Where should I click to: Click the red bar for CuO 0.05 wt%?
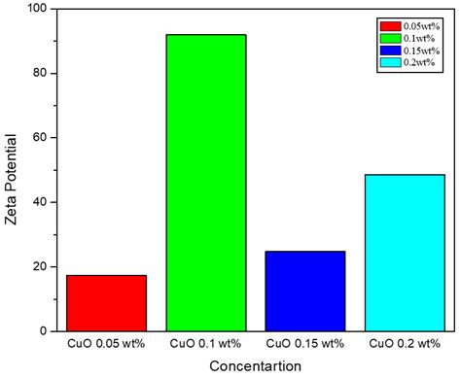point(106,303)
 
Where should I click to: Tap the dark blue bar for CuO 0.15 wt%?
point(305,291)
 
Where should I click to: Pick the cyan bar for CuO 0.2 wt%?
point(405,253)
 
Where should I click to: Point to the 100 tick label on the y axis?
point(39,9)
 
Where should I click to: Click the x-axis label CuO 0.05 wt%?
point(106,344)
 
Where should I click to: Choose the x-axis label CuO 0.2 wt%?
point(405,344)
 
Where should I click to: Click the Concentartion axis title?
point(254,365)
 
